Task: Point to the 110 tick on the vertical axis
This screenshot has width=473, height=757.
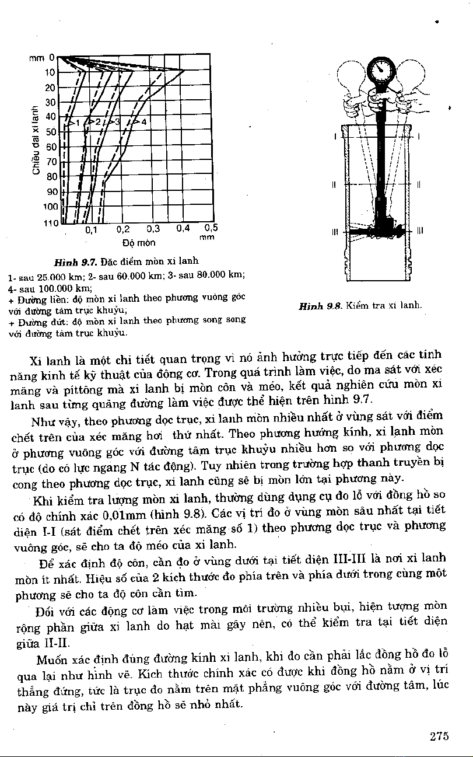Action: [x=50, y=223]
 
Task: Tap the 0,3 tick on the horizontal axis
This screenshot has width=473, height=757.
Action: [x=152, y=229]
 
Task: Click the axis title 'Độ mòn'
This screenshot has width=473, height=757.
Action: [x=139, y=242]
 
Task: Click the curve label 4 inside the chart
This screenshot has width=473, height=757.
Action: [x=143, y=122]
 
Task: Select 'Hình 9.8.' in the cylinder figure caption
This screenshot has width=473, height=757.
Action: [x=320, y=305]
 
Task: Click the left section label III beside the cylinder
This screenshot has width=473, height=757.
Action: [x=334, y=231]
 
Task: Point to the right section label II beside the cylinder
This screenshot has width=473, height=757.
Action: [x=419, y=184]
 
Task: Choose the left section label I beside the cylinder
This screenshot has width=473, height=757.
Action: [x=335, y=137]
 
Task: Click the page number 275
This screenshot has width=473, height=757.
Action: [x=439, y=736]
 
